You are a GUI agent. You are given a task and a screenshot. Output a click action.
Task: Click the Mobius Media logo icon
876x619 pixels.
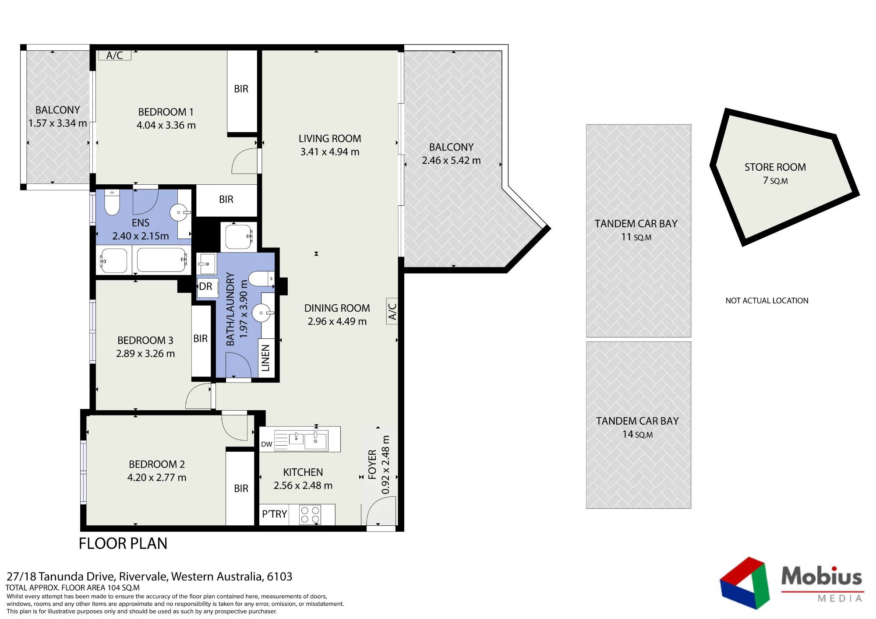point(745,583)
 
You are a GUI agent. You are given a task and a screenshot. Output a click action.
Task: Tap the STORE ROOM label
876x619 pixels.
point(775,167)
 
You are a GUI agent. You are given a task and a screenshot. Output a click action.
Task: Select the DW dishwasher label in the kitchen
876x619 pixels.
point(266,444)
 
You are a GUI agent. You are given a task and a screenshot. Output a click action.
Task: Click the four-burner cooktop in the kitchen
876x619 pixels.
point(310,515)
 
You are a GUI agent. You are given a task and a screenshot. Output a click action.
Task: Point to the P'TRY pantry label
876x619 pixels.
point(275,514)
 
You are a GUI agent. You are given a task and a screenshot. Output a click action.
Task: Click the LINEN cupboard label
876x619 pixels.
point(266,358)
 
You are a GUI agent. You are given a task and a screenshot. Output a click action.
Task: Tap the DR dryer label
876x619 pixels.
point(205,287)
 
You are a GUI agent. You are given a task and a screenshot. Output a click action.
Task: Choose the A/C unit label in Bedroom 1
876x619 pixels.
point(114,56)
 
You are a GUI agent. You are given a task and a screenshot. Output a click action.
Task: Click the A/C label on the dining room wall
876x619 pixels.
point(392,311)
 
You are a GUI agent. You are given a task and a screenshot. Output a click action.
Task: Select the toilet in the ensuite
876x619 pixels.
point(112,202)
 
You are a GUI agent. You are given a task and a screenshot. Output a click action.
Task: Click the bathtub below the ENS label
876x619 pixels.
point(162,260)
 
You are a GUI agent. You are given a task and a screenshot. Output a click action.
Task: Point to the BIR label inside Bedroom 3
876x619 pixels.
point(201,338)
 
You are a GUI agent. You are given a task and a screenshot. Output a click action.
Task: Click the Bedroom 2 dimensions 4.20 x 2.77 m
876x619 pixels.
point(157,478)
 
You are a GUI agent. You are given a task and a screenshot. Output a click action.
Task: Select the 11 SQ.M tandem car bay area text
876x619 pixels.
point(636,237)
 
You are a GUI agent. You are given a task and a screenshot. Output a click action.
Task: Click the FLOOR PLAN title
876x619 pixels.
point(123,543)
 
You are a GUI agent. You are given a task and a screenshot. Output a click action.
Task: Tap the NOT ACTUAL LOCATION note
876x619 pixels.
point(767,301)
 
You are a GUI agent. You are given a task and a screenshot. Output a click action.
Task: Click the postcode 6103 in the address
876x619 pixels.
point(279,577)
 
